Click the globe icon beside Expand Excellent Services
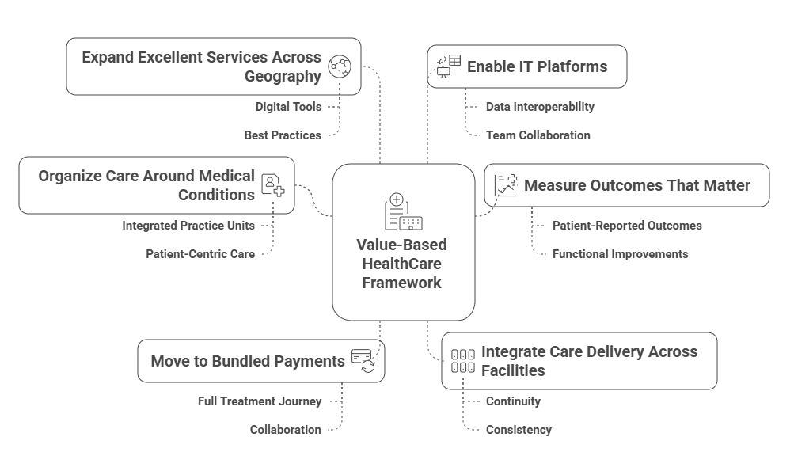tap(340, 66)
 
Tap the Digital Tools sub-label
tap(288, 106)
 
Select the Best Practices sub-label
tap(283, 135)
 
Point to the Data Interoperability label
tap(540, 106)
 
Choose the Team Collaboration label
tap(538, 135)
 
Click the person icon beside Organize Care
tap(274, 185)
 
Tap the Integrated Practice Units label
tap(188, 226)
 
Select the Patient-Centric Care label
tap(200, 254)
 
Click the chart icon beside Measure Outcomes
tap(505, 185)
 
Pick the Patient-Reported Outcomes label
tap(626, 226)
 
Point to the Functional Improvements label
tap(620, 254)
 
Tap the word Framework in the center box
tap(402, 283)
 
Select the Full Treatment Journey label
tap(260, 401)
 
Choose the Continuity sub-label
tap(513, 401)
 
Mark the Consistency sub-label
tap(519, 430)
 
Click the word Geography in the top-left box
tap(283, 76)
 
